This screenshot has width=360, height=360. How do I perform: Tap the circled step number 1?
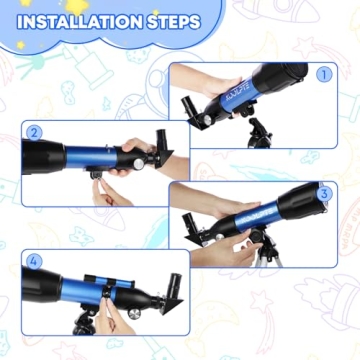pos(322,74)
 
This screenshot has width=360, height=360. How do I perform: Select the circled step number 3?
pos(323,192)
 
